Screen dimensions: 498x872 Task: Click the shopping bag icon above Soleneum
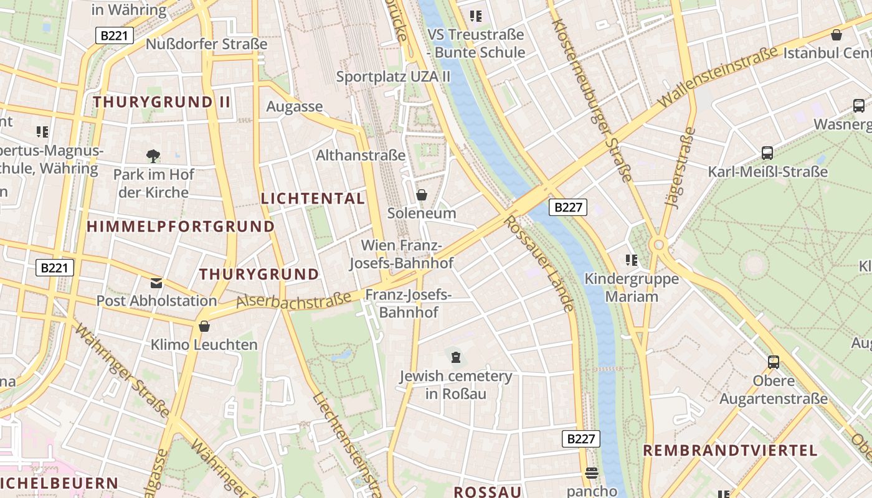(422, 195)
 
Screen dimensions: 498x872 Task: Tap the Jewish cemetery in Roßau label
(455, 385)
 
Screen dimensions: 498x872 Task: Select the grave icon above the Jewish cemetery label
(456, 357)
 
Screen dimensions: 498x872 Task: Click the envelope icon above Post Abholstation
(156, 283)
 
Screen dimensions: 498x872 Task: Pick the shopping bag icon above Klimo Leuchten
(204, 326)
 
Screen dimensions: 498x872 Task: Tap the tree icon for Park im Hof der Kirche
(153, 156)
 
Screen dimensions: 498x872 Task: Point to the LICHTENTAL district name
(313, 199)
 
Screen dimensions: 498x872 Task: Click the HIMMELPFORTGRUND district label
(181, 227)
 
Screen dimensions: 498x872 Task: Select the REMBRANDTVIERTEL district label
(730, 451)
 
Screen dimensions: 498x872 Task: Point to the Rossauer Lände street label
(539, 263)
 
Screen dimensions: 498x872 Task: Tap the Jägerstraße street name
(680, 167)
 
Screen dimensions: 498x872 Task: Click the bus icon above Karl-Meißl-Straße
(767, 153)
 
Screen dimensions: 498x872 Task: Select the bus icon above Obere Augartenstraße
(774, 362)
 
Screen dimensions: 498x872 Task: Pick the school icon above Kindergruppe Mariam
(632, 260)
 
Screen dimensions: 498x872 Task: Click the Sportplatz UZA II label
(393, 77)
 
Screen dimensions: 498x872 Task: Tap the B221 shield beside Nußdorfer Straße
(115, 35)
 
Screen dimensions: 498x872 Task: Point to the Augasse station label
(295, 106)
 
